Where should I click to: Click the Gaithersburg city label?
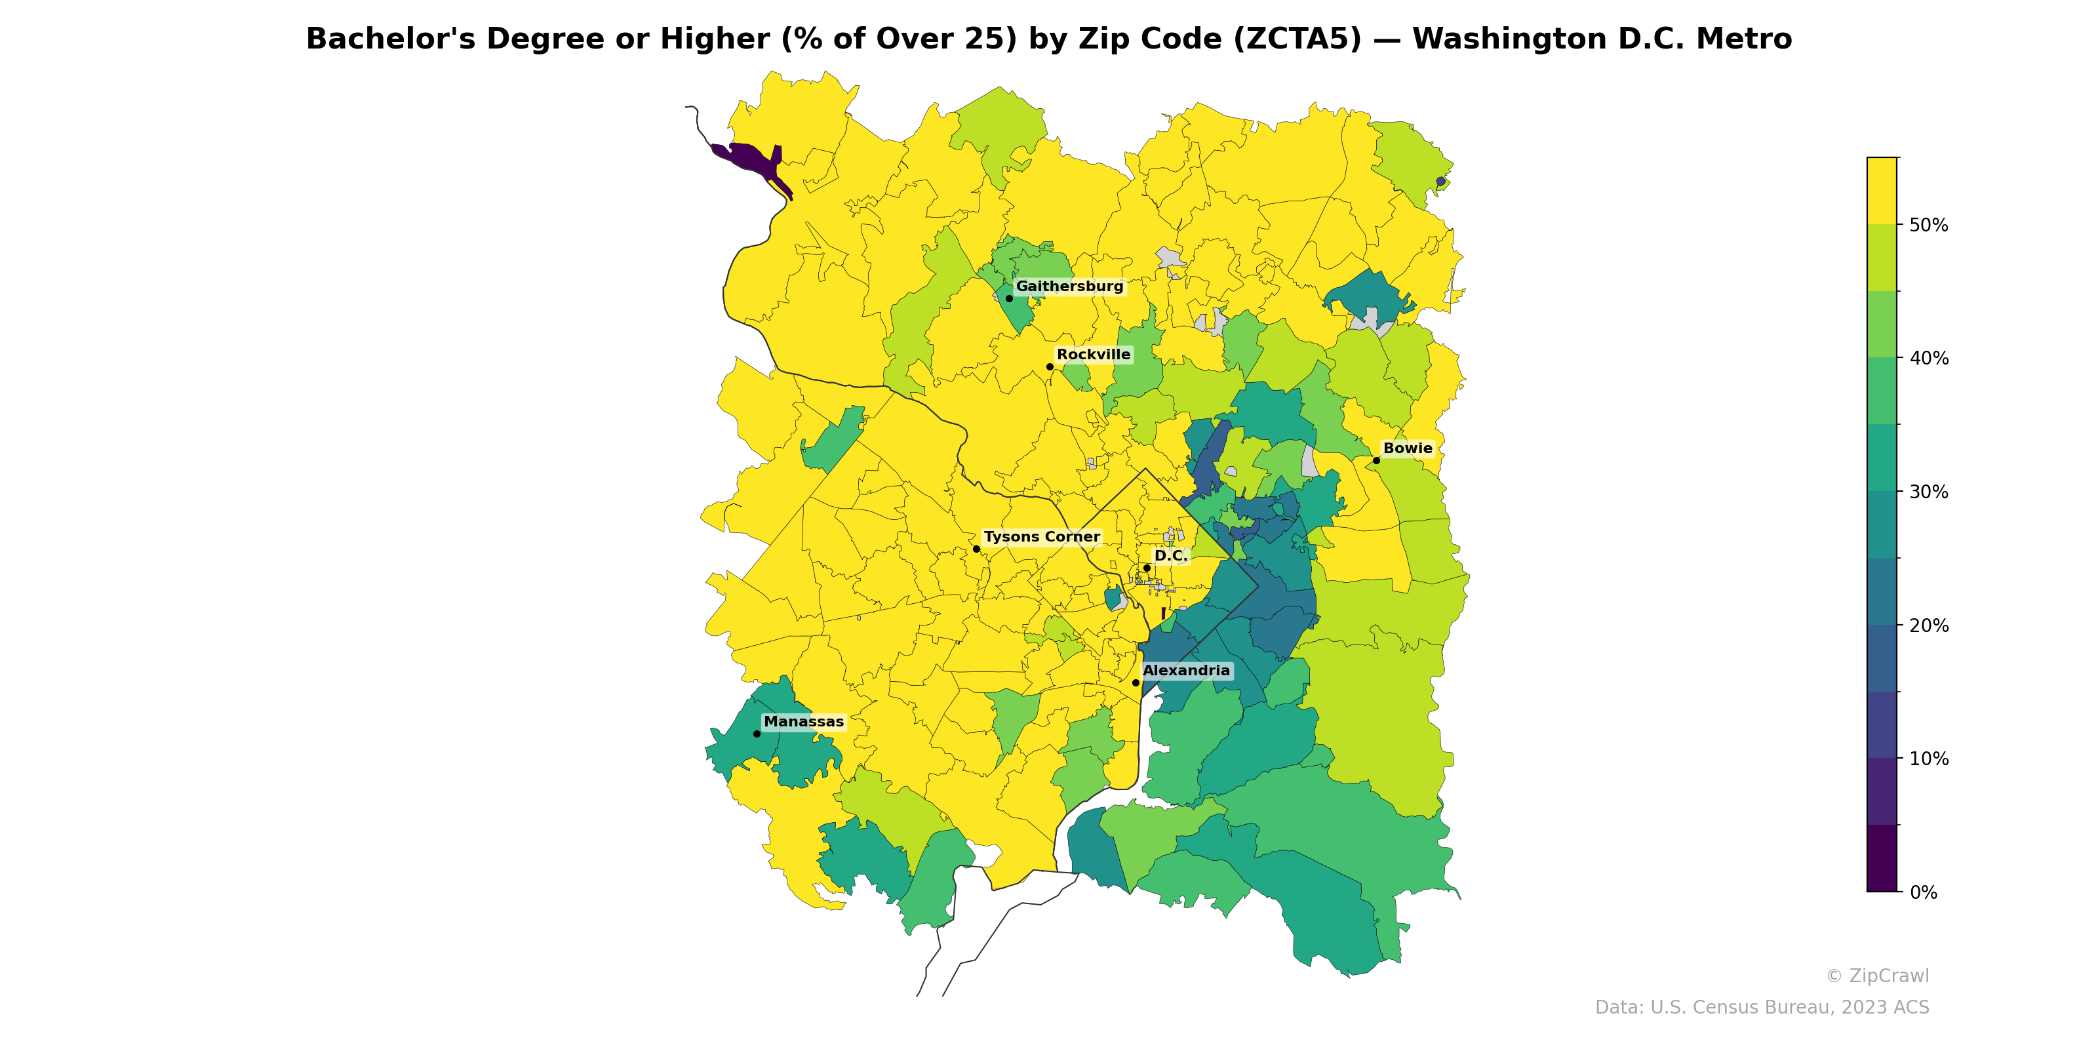[1069, 287]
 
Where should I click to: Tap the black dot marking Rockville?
[1050, 367]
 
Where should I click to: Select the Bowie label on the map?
[1408, 448]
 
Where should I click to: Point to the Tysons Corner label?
[1041, 538]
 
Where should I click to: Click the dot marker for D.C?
[1147, 568]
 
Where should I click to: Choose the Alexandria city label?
[1186, 671]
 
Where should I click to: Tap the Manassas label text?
[803, 722]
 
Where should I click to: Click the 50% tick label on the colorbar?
[1929, 226]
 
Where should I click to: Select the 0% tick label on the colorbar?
[1923, 892]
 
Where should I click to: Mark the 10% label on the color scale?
[1929, 759]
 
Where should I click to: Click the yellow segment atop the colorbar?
[1882, 191]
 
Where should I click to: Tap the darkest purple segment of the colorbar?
[1882, 858]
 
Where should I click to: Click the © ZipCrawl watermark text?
[1876, 976]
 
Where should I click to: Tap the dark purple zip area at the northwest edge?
[753, 158]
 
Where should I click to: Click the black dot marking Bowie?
[1376, 461]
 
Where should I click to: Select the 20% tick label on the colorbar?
[1929, 626]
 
